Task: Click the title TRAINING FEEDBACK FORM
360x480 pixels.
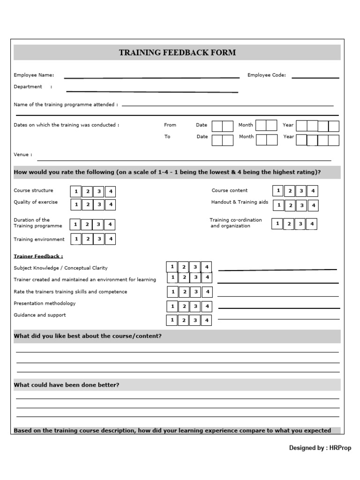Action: (177, 52)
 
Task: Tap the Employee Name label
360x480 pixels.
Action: (34, 75)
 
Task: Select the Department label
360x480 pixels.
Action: (28, 87)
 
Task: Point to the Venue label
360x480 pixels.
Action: (23, 154)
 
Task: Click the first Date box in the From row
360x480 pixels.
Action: (217, 126)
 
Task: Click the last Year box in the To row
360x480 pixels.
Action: (333, 141)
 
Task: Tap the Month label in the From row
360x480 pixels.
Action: (246, 125)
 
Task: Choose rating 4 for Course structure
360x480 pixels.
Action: (110, 192)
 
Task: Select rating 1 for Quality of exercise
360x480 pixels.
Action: (76, 204)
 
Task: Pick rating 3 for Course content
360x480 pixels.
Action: (301, 191)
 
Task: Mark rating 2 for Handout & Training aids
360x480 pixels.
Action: (290, 205)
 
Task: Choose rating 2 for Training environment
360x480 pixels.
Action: (87, 239)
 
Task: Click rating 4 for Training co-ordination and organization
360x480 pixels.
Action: (312, 224)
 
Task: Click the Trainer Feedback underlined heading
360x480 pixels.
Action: (38, 256)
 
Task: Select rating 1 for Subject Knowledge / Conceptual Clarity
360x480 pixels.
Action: (172, 267)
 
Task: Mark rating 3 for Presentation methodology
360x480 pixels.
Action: (196, 307)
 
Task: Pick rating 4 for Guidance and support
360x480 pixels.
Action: (207, 321)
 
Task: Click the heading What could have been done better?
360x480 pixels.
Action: (67, 385)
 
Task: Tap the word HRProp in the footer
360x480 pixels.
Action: (340, 448)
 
